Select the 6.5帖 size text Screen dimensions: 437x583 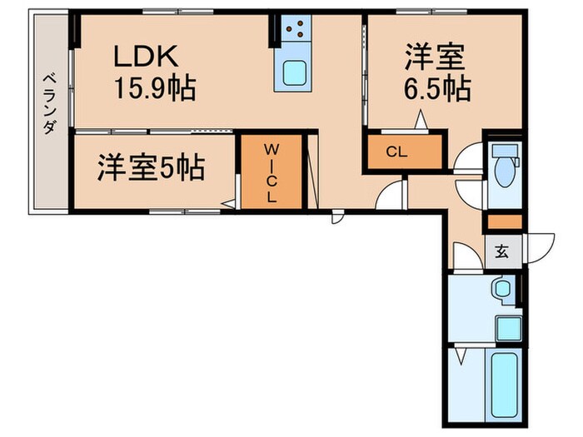[438, 87]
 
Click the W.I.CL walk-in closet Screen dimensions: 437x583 [271, 172]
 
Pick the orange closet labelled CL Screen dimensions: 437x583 [403, 152]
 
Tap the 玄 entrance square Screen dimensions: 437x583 [503, 250]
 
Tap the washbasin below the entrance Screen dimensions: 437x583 [501, 289]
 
